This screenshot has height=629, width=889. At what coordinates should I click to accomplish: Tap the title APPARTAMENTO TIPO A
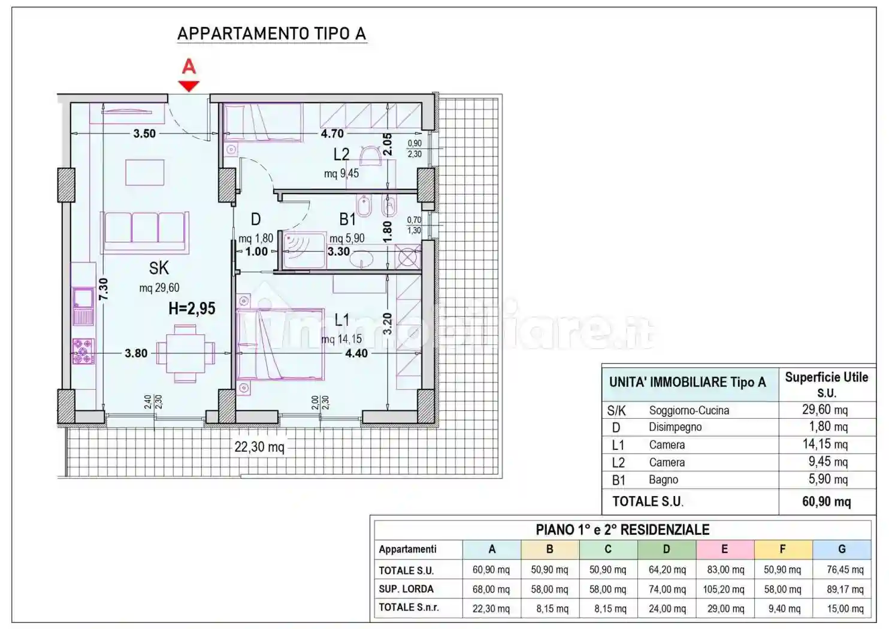coord(272,34)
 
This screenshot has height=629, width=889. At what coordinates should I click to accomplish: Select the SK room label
coord(159,268)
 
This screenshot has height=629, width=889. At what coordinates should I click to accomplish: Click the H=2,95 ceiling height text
coord(192,309)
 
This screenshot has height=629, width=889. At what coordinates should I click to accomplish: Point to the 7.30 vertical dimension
coord(103,289)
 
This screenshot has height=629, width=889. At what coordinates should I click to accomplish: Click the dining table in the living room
coord(186,353)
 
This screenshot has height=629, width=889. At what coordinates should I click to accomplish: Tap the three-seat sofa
coord(144,232)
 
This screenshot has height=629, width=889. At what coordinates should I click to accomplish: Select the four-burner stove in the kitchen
coord(83,351)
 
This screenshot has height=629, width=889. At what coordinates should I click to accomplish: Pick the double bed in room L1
coord(280,344)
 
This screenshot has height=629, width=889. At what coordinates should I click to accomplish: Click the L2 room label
coord(341,155)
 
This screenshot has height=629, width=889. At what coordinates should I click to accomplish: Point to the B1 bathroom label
coord(347,219)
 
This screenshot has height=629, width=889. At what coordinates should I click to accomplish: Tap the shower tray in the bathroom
coord(304,250)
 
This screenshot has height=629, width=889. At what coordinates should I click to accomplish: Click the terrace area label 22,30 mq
coord(259,447)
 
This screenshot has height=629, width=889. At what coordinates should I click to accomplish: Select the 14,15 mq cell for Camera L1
coord(825,444)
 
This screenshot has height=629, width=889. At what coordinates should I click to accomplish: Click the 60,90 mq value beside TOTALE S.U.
coord(826,501)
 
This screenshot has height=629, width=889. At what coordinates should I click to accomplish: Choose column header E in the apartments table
coord(725,549)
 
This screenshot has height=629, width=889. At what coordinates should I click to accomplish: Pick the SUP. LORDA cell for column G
coord(845,589)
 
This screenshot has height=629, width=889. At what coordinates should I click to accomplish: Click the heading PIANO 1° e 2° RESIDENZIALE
coord(622,530)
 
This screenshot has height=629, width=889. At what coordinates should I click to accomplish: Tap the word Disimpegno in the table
coord(675,427)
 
